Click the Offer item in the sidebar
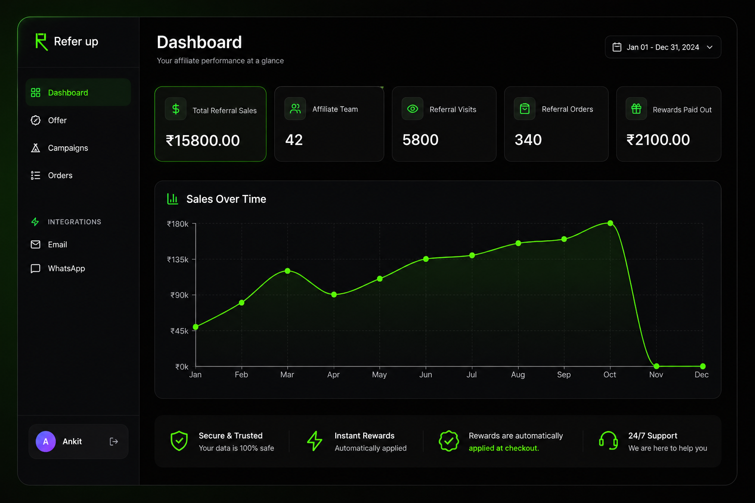pos(57,120)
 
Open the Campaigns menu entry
pos(68,148)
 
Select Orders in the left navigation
pos(60,175)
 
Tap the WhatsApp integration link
pos(66,269)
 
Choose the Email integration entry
pos(58,245)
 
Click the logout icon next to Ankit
pos(114,441)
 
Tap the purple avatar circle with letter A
pos(46,441)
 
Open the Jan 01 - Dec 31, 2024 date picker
pos(663,47)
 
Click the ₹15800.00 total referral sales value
pos(203,140)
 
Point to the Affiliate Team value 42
pos(294,140)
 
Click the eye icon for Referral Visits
pos(412,109)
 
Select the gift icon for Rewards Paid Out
pos(637,109)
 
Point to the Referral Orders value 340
pos(528,140)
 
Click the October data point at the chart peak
pos(610,223)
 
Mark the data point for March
pos(288,271)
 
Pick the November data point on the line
pos(656,366)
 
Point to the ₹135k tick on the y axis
pos(177,259)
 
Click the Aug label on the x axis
pos(518,375)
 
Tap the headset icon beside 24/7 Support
pos(609,441)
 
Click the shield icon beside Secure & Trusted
pos(179,441)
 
